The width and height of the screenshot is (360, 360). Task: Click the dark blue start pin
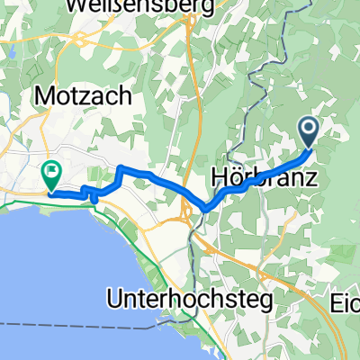tap(309, 131)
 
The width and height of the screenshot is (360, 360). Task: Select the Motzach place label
tap(85, 95)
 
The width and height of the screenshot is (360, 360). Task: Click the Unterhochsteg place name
tap(189, 297)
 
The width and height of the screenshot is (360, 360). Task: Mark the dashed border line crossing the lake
tap(90, 322)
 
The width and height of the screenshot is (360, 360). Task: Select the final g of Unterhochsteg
tap(263, 300)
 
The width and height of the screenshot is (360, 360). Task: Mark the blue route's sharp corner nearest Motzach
tap(121, 168)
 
